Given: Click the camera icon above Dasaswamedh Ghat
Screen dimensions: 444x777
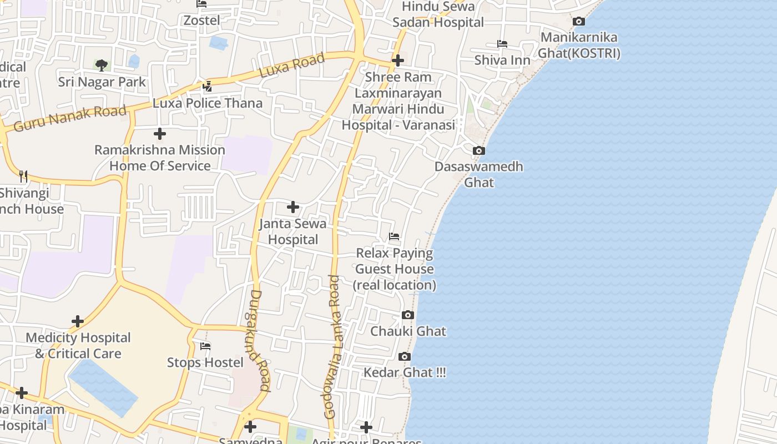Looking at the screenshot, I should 478,150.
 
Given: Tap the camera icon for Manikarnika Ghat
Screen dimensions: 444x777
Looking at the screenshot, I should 578,22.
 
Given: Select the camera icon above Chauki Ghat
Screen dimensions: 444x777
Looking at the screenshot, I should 408,315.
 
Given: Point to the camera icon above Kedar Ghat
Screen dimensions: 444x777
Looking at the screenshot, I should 405,356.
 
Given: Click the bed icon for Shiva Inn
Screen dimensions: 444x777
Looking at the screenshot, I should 502,44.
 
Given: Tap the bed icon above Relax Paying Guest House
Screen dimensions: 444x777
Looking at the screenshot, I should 394,237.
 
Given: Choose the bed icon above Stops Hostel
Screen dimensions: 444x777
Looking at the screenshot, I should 205,346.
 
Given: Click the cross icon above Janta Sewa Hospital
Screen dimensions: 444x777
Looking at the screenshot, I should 293,207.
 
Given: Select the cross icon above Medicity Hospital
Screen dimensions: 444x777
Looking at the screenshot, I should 78,321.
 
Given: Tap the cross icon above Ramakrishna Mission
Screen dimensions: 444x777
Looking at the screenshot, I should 160,134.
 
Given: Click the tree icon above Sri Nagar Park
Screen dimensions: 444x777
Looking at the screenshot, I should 102,65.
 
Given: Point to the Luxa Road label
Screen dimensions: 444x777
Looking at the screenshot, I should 292,66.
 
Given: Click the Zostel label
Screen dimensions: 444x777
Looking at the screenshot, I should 202,21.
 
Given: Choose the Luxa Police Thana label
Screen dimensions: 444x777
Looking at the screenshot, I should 208,103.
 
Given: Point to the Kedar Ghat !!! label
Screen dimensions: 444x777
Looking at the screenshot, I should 405,372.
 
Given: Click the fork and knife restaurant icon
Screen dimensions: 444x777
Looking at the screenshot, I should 23,176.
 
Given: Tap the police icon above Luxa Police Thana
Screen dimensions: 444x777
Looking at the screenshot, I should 207,86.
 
